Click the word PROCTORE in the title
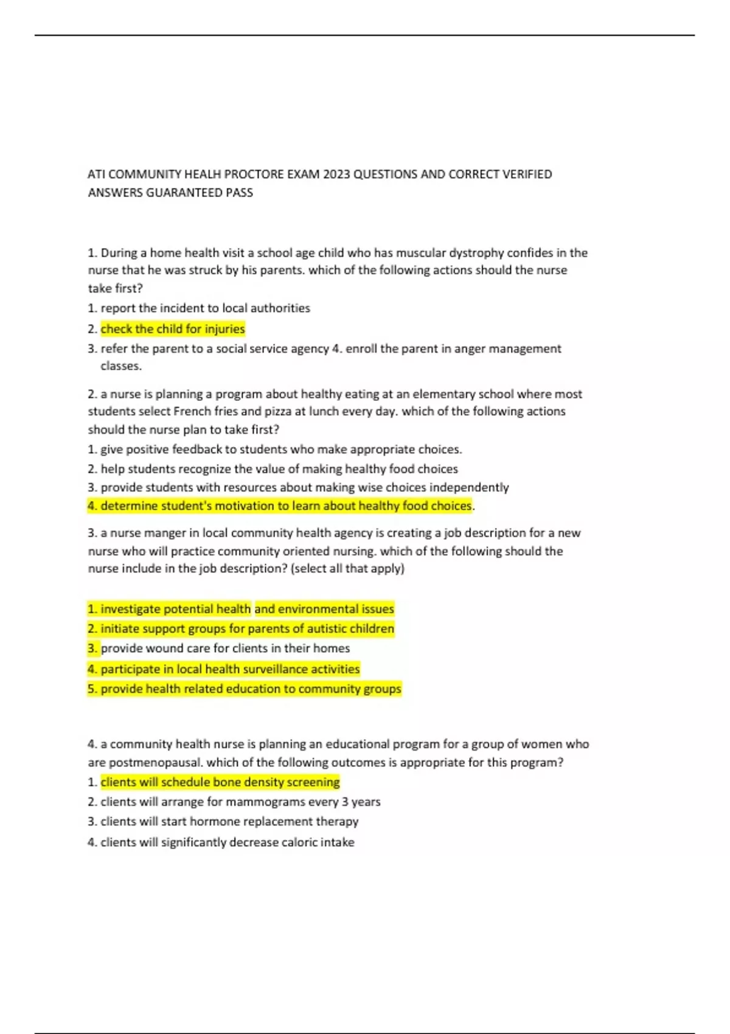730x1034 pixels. click(x=254, y=175)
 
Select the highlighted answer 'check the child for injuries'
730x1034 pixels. click(x=173, y=329)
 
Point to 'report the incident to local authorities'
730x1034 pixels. click(x=205, y=308)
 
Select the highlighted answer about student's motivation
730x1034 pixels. click(x=280, y=506)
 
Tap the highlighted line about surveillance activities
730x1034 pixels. click(x=224, y=670)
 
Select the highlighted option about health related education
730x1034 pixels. click(x=245, y=689)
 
